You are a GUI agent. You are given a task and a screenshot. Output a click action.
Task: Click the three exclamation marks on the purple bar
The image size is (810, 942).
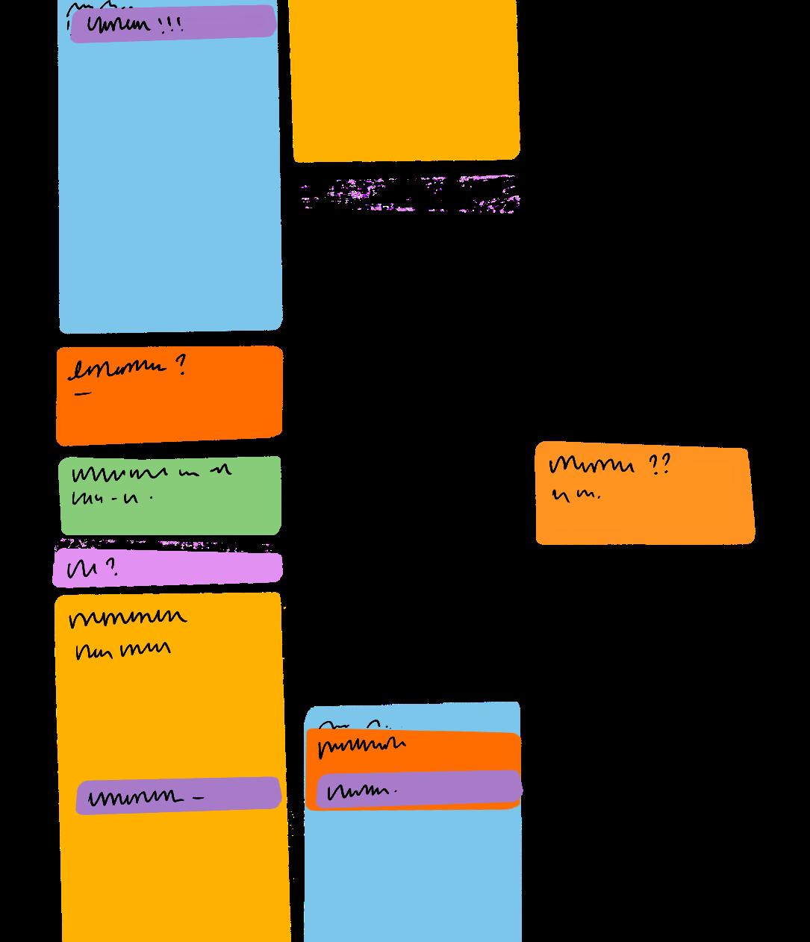171,24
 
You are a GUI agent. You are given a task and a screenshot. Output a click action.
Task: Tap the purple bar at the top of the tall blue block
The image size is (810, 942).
224,22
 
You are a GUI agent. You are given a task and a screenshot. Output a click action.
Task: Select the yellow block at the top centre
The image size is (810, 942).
404,78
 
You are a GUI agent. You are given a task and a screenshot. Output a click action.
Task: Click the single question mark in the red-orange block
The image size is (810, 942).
181,365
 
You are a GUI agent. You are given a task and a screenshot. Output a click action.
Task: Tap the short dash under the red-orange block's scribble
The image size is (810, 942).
83,393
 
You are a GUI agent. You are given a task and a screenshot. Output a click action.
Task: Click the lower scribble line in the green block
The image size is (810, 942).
111,497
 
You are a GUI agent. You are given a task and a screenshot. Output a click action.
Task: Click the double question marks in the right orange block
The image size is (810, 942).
660,465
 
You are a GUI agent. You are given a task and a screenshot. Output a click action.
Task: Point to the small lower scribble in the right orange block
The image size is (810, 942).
576,495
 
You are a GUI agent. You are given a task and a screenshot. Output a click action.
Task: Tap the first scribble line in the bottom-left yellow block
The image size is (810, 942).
128,618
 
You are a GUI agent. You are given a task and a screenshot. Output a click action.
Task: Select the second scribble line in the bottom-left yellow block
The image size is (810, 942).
123,651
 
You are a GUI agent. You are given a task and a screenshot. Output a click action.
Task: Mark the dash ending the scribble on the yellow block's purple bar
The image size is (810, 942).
198,798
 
